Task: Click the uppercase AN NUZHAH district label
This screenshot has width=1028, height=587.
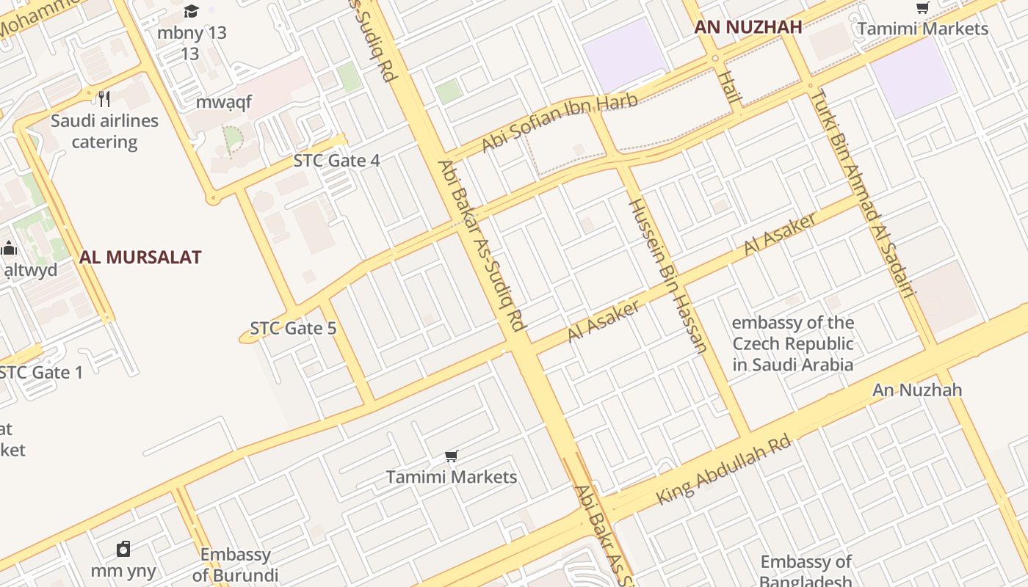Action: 748,28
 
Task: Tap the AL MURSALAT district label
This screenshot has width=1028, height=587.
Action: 140,258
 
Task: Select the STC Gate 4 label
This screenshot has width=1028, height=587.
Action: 336,161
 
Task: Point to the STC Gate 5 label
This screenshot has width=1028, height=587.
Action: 293,328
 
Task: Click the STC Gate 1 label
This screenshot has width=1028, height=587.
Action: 41,373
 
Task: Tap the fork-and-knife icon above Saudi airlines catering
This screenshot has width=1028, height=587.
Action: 104,98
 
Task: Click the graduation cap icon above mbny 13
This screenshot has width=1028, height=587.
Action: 192,11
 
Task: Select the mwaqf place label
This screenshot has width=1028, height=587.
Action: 223,102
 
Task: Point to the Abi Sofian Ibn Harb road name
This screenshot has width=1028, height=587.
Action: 560,123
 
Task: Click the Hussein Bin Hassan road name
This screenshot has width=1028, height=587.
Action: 667,275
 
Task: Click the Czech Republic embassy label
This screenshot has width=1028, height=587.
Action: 793,343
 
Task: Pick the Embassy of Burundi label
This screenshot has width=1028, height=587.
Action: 235,564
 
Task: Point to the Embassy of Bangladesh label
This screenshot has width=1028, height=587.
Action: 806,572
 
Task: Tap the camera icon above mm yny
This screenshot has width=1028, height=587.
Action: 123,549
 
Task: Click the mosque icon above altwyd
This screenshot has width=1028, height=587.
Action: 9,248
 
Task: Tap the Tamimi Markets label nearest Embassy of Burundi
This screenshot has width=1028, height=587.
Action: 452,477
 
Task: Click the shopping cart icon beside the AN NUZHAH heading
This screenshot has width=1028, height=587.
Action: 922,8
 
